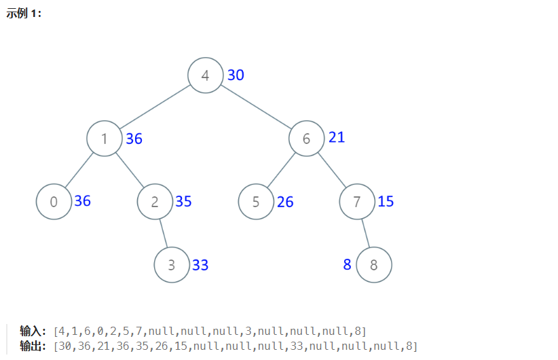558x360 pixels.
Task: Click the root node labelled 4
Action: point(206,75)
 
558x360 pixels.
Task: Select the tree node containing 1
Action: point(104,139)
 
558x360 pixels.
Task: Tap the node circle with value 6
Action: point(306,139)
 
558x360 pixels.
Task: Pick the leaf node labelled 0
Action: point(54,202)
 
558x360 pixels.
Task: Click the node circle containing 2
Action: point(155,202)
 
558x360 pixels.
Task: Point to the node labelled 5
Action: point(256,202)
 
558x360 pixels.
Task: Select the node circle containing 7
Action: point(357,202)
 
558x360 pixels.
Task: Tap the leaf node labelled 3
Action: point(172,265)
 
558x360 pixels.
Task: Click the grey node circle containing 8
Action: point(374,265)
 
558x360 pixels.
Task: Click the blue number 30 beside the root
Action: point(236,75)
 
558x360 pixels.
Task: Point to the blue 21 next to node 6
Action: point(337,137)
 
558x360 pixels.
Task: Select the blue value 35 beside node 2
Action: point(183,202)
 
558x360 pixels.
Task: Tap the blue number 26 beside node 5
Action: point(285,202)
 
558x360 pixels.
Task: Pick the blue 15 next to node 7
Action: point(386,202)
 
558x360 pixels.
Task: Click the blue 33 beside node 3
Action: point(200,265)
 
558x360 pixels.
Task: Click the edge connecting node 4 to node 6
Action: point(256,107)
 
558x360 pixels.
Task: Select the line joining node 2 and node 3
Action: point(164,233)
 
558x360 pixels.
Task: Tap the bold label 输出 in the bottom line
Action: point(32,346)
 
